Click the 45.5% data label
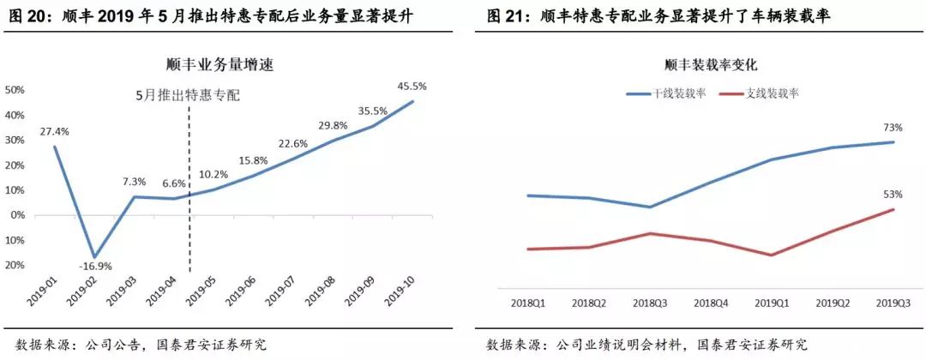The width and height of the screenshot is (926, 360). pyautogui.click(x=412, y=87)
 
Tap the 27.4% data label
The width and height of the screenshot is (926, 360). pyautogui.click(x=54, y=132)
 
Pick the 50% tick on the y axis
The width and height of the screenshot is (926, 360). pyautogui.click(x=15, y=89)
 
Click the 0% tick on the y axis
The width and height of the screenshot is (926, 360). pyautogui.click(x=17, y=215)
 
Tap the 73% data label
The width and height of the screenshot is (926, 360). pyautogui.click(x=905, y=127)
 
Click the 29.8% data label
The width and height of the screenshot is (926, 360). pyautogui.click(x=333, y=125)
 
